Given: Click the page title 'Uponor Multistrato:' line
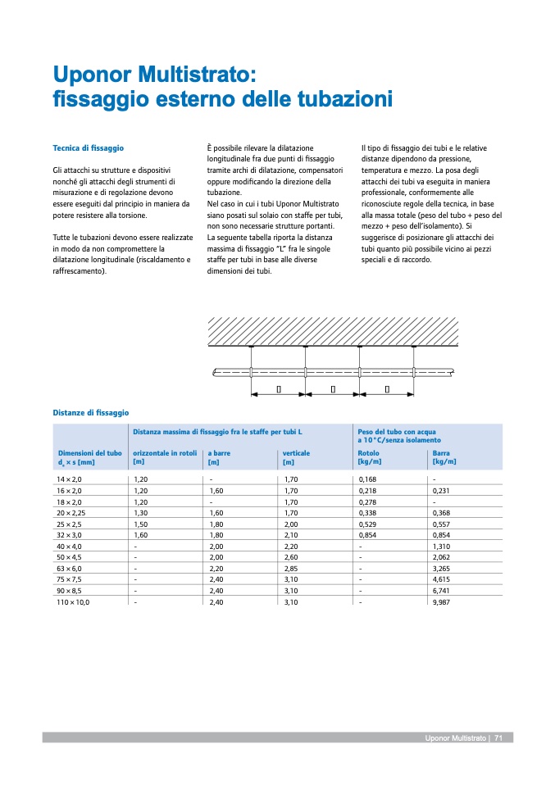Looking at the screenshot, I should pyautogui.click(x=155, y=75).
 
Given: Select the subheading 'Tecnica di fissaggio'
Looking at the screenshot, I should pyautogui.click(x=88, y=148).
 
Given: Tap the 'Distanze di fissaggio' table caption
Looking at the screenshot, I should pyautogui.click(x=91, y=412).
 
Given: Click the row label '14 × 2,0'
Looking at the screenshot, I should pyautogui.click(x=69, y=479).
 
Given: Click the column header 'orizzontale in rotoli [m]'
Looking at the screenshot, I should pyautogui.click(x=165, y=456).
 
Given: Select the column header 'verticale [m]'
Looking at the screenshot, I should pyautogui.click(x=296, y=456).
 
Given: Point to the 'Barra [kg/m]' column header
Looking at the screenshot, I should pyautogui.click(x=444, y=456).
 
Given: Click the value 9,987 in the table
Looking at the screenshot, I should pyautogui.click(x=443, y=601).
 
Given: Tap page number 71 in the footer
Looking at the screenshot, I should pyautogui.click(x=498, y=738).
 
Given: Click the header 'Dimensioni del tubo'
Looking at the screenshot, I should pyautogui.click(x=89, y=452).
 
